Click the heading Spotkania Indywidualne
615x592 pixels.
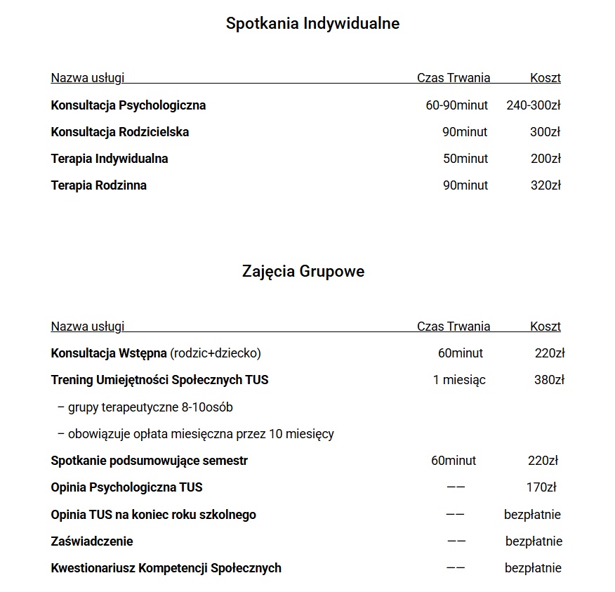(312, 23)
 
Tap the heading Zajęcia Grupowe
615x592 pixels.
(303, 271)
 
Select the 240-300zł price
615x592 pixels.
(533, 105)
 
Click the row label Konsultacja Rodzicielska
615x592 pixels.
(120, 132)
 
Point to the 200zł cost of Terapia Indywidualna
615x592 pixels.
(545, 159)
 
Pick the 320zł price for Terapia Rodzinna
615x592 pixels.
(545, 185)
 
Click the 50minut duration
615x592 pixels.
(465, 159)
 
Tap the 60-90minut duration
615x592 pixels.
(456, 105)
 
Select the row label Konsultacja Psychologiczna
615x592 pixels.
(128, 105)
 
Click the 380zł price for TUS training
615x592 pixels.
(549, 380)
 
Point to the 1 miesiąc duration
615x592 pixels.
(459, 380)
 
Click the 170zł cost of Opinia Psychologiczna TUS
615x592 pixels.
(541, 487)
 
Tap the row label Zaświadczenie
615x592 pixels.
(92, 541)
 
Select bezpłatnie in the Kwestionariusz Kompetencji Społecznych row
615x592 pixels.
(533, 568)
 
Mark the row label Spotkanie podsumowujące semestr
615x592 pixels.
(150, 461)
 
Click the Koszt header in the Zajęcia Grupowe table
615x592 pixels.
(545, 327)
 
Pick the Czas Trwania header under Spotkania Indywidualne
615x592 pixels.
(454, 78)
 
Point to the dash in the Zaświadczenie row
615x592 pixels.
(456, 541)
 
